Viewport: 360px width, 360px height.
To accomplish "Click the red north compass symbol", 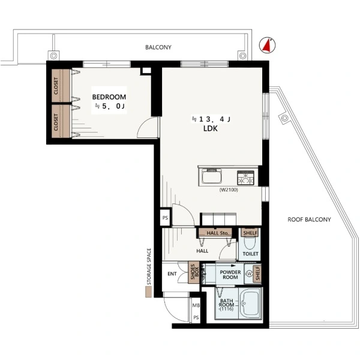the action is point(267,45).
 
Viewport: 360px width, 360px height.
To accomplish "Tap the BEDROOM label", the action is point(109,97).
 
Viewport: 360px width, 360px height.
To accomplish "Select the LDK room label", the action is point(211,128).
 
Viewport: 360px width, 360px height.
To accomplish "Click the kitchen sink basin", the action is point(211,177).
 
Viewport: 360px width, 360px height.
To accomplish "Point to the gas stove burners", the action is point(245,178).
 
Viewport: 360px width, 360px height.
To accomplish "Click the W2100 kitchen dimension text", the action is point(229,190).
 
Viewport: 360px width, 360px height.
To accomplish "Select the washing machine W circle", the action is point(249,274).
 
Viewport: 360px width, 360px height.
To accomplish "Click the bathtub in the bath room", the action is point(251,303).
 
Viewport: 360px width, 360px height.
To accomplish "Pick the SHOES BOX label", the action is point(194,272).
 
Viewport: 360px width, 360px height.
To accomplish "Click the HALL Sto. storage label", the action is point(217,233).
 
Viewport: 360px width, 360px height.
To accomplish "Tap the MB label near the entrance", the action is point(196,305).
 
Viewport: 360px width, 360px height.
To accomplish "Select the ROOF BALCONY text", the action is point(309,220).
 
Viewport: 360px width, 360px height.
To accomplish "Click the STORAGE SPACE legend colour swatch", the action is point(149,292).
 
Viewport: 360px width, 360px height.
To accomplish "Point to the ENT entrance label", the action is point(172,274).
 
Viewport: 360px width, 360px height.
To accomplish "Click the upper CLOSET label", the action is point(56,86).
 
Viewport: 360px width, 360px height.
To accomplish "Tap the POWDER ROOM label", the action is point(230,275).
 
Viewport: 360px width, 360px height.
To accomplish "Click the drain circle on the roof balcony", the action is point(284,118).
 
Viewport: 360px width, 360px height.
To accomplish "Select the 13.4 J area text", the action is point(211,119).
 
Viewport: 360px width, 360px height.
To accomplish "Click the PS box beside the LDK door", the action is point(166,218).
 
